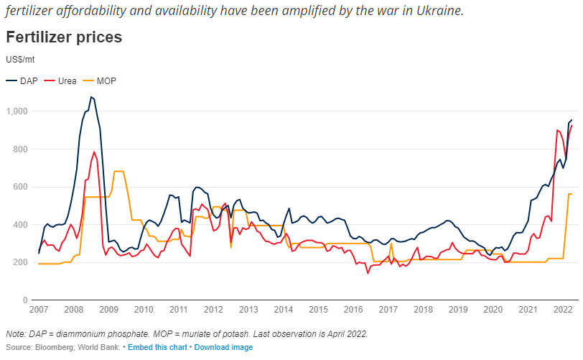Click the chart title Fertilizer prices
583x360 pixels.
coord(63,37)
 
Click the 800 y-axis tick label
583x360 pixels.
coord(19,149)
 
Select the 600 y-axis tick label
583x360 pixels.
coord(19,187)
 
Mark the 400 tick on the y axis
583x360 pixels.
coord(19,225)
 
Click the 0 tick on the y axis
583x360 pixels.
coord(24,300)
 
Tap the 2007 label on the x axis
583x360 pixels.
coord(39,310)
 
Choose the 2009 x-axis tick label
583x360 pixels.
coord(108,310)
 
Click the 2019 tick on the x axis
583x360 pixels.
coord(458,310)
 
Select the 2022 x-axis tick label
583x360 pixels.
coord(563,310)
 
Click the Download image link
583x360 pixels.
coord(223,348)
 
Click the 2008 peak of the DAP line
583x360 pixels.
coord(91,97)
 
